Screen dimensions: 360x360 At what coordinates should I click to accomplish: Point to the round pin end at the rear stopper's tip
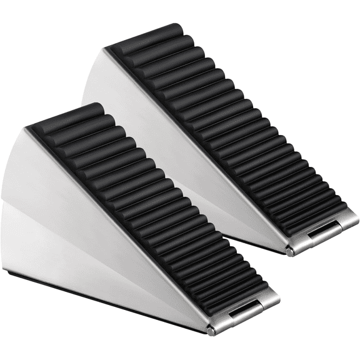point(290,252)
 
